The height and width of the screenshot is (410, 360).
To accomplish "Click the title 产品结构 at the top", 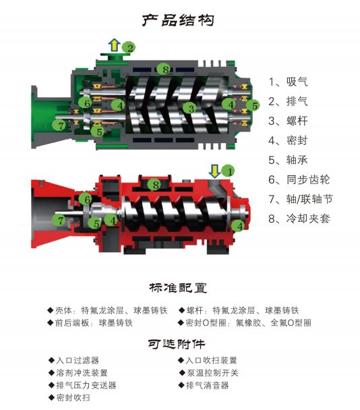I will point(179,20).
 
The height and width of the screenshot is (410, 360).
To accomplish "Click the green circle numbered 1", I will point(228,171).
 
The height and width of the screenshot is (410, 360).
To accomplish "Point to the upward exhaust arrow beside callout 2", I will point(115,46).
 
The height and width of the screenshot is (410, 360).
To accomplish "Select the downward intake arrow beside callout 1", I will point(214,170).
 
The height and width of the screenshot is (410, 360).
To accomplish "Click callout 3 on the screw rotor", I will point(191,108).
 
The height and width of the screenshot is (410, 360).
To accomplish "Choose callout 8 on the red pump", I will point(156,185).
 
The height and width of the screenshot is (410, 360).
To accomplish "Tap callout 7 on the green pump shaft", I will point(61,125).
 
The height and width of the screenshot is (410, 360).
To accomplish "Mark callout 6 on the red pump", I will point(86,199).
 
